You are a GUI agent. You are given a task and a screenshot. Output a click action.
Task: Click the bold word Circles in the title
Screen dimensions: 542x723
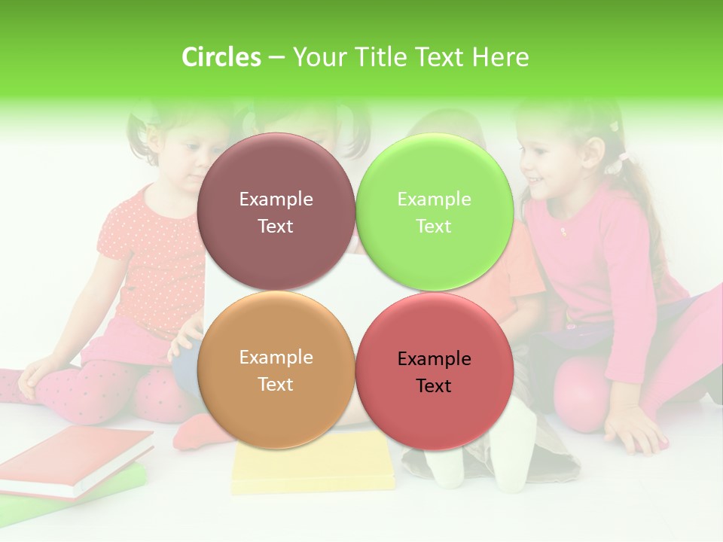221,57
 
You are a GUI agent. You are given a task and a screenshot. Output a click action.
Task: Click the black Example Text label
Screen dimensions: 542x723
434,372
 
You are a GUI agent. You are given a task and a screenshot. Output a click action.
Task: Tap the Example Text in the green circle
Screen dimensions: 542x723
434,212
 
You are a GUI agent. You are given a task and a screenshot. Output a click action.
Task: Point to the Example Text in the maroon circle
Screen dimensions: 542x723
276,212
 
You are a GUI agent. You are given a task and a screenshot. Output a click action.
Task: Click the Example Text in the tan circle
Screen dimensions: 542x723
276,370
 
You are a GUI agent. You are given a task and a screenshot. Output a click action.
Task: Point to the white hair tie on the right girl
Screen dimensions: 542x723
622,158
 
